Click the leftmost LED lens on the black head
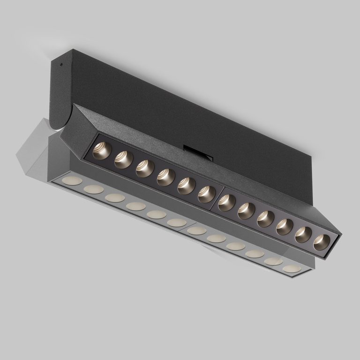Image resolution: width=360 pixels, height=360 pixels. pyautogui.click(x=101, y=151)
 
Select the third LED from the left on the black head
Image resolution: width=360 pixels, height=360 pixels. pyautogui.click(x=145, y=168)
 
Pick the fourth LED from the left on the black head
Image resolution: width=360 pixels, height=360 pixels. pyautogui.click(x=166, y=177)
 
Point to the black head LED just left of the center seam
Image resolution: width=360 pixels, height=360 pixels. pyautogui.click(x=206, y=194)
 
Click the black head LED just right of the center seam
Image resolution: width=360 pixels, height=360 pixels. pyautogui.click(x=227, y=202)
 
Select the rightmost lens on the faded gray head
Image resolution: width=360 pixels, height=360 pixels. pyautogui.click(x=292, y=269)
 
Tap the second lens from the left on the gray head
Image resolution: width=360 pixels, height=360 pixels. pyautogui.click(x=94, y=189)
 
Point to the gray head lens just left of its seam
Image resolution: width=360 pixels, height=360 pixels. pyautogui.click(x=177, y=223)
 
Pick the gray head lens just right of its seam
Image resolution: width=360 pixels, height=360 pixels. pyautogui.click(x=197, y=231)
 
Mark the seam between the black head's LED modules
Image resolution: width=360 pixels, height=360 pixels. pyautogui.click(x=217, y=198)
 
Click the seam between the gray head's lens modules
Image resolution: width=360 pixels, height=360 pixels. pyautogui.click(x=187, y=227)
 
